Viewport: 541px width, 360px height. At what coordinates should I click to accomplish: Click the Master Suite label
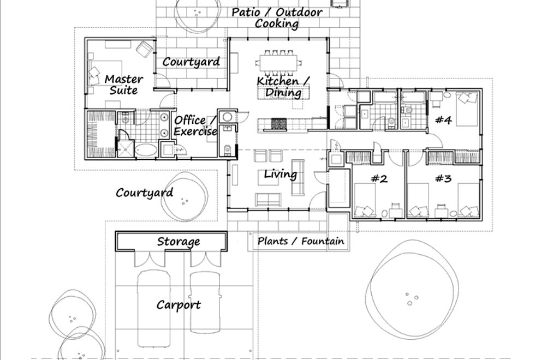(123, 85)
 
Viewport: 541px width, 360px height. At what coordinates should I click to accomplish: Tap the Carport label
(179, 305)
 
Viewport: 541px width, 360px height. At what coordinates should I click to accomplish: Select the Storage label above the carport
(179, 241)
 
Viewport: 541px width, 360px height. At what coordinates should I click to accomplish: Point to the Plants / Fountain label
(301, 241)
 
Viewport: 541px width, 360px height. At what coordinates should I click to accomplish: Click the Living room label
(281, 175)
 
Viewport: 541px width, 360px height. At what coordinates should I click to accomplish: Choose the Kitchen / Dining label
(284, 87)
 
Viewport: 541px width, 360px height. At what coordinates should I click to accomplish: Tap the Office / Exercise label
(195, 125)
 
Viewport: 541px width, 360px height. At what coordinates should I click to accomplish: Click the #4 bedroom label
(443, 121)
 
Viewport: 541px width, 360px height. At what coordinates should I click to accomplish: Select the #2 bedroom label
(379, 178)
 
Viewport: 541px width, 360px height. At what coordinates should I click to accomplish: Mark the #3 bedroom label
(443, 178)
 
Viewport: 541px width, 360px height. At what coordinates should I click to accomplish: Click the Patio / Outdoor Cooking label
(277, 17)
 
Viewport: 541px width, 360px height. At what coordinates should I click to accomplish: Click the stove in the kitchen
(277, 124)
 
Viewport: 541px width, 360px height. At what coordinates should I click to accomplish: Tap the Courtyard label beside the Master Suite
(191, 62)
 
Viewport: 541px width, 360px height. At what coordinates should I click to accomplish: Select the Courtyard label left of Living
(144, 193)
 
